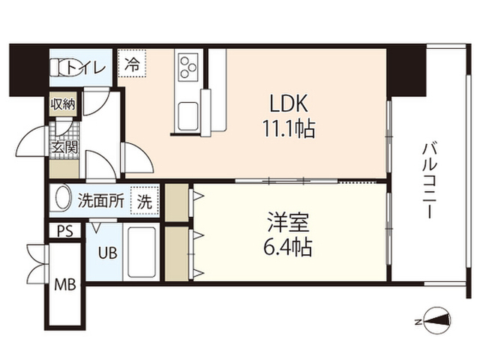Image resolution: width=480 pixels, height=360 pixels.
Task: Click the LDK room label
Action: coord(288,103)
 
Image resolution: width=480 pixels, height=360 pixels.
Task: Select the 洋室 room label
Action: coord(288,222)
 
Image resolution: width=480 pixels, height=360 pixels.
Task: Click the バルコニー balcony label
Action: coord(430,180)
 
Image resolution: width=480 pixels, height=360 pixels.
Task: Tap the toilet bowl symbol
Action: coord(58,67)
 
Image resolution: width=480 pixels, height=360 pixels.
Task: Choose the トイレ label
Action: coord(85,67)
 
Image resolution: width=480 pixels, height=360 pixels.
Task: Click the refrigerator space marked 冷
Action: coord(132,64)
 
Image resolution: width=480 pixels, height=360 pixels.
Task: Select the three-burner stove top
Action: coord(188,67)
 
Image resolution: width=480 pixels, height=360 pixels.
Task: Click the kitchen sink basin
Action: coord(188,115)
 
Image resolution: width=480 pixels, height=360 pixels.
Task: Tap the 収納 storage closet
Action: coord(63,104)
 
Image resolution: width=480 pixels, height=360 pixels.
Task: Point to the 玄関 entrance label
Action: coord(65,147)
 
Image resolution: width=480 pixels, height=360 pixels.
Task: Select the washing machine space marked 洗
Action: coord(144,201)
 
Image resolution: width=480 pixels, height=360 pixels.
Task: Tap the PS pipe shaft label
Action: coord(65,231)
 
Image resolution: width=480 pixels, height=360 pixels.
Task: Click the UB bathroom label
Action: coord(107,253)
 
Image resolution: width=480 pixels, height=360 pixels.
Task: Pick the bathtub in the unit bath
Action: coord(141,252)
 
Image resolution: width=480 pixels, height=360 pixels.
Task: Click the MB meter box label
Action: coord(65,285)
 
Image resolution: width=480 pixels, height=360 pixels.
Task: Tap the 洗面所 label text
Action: coord(101,201)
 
